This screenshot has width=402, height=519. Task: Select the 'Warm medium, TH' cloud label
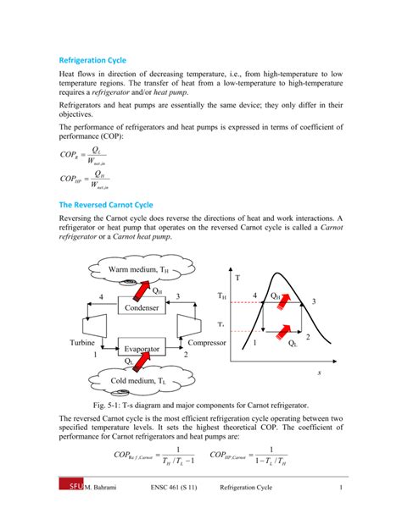point(137,270)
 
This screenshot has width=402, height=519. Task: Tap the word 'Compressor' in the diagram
point(208,343)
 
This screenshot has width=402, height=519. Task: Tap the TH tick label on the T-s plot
point(221,296)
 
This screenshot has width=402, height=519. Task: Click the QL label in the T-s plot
point(293,344)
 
